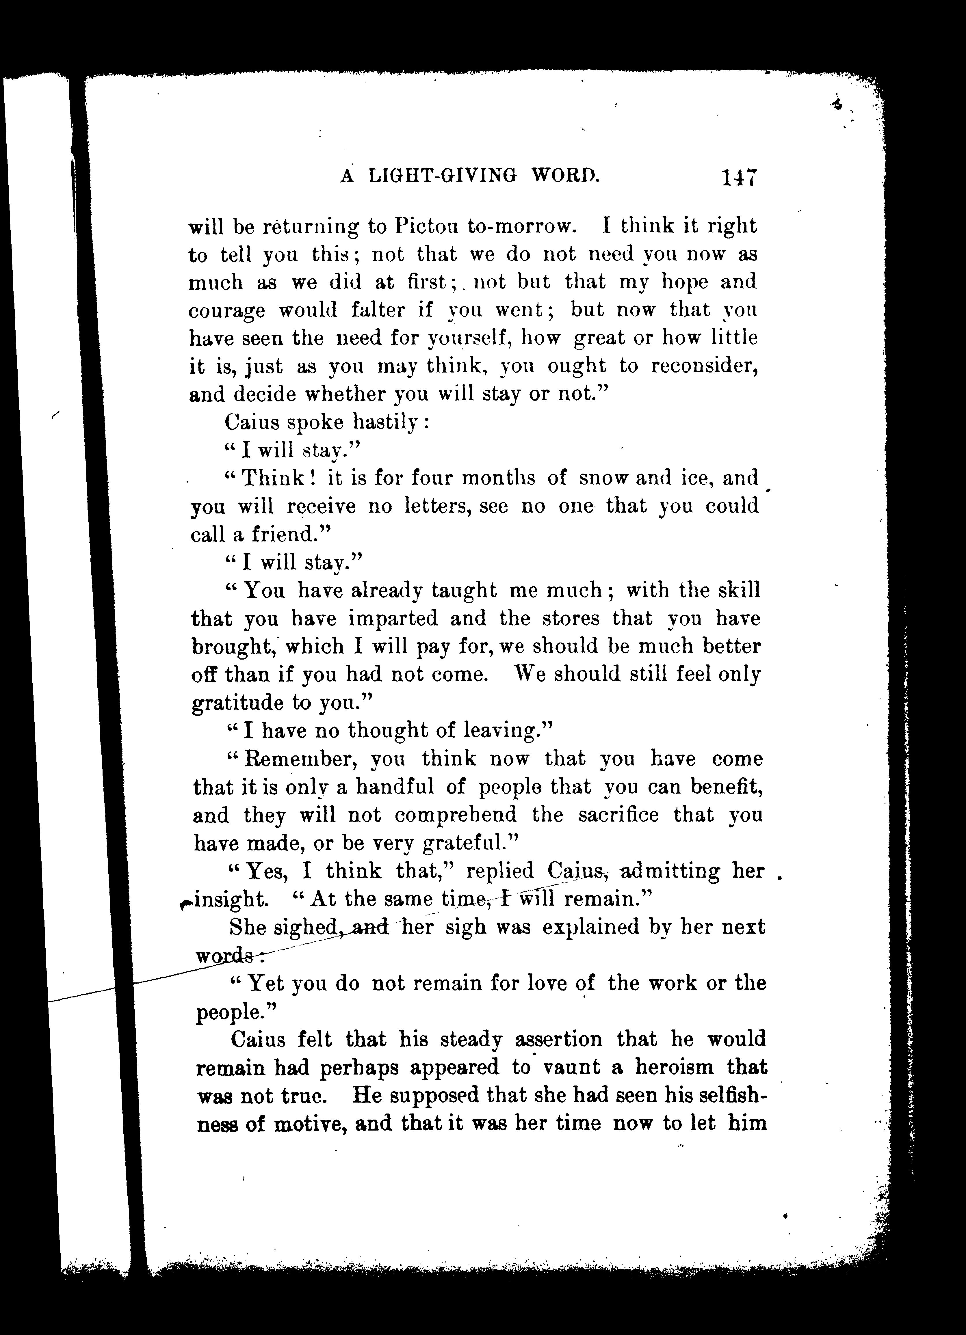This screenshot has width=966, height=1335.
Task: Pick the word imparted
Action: click(x=393, y=619)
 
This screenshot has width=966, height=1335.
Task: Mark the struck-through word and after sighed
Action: click(x=370, y=928)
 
